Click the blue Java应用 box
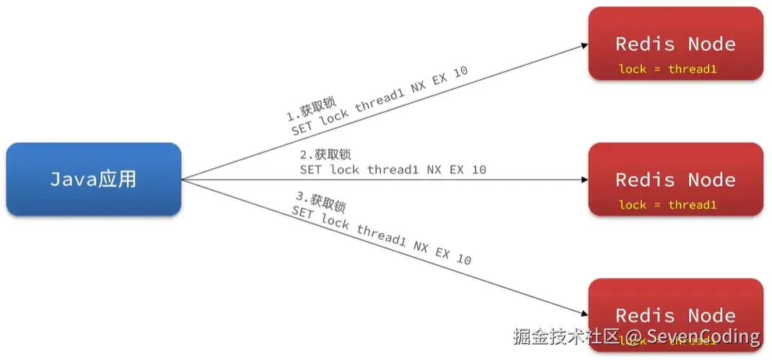pyautogui.click(x=93, y=179)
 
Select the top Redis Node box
pyautogui.click(x=675, y=43)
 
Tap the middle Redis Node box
pyautogui.click(x=675, y=179)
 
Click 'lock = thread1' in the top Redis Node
pyautogui.click(x=667, y=69)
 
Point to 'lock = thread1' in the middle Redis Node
pyautogui.click(x=667, y=205)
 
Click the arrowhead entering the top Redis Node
pyautogui.click(x=584, y=45)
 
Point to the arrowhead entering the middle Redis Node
pyautogui.click(x=584, y=180)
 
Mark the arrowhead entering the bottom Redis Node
pyautogui.click(x=584, y=313)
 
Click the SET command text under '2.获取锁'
pyautogui.click(x=392, y=170)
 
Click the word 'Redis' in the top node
pyautogui.click(x=644, y=43)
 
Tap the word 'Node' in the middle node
pyautogui.click(x=711, y=179)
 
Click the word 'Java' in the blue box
pyautogui.click(x=73, y=179)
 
